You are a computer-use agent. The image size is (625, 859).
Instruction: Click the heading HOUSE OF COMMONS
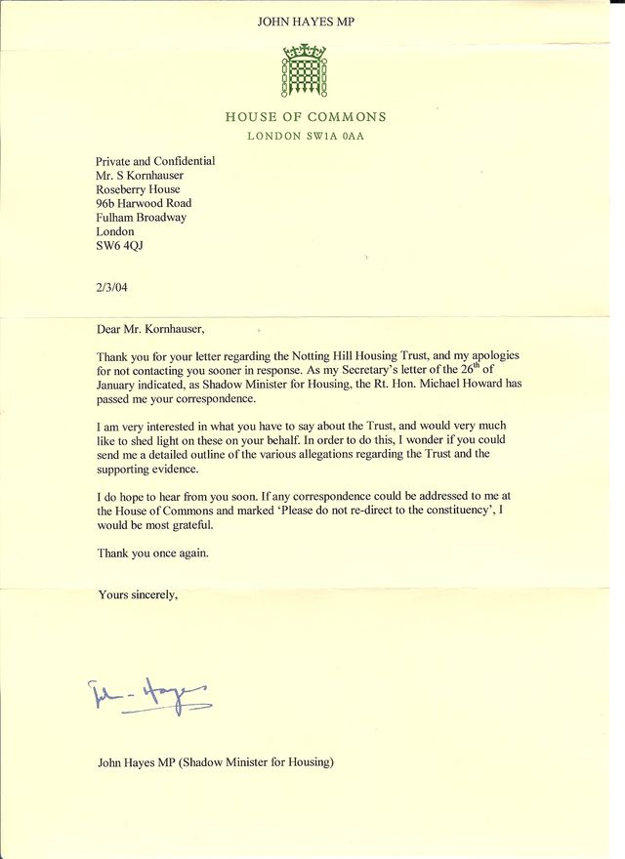click(x=306, y=117)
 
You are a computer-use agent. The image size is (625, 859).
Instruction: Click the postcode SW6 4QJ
click(x=119, y=247)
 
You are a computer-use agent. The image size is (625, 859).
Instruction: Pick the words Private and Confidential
click(x=154, y=161)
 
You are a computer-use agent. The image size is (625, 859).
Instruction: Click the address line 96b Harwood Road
click(x=143, y=204)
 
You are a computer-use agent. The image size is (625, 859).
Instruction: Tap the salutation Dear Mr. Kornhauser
click(x=151, y=330)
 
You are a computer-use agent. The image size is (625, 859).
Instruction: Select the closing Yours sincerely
click(x=138, y=593)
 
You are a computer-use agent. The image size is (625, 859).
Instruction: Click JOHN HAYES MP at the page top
click(x=305, y=20)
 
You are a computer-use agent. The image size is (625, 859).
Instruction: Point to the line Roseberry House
click(x=137, y=189)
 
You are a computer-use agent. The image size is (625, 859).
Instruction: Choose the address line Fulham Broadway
click(x=141, y=218)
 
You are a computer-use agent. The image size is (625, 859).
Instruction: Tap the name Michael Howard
click(x=438, y=385)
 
